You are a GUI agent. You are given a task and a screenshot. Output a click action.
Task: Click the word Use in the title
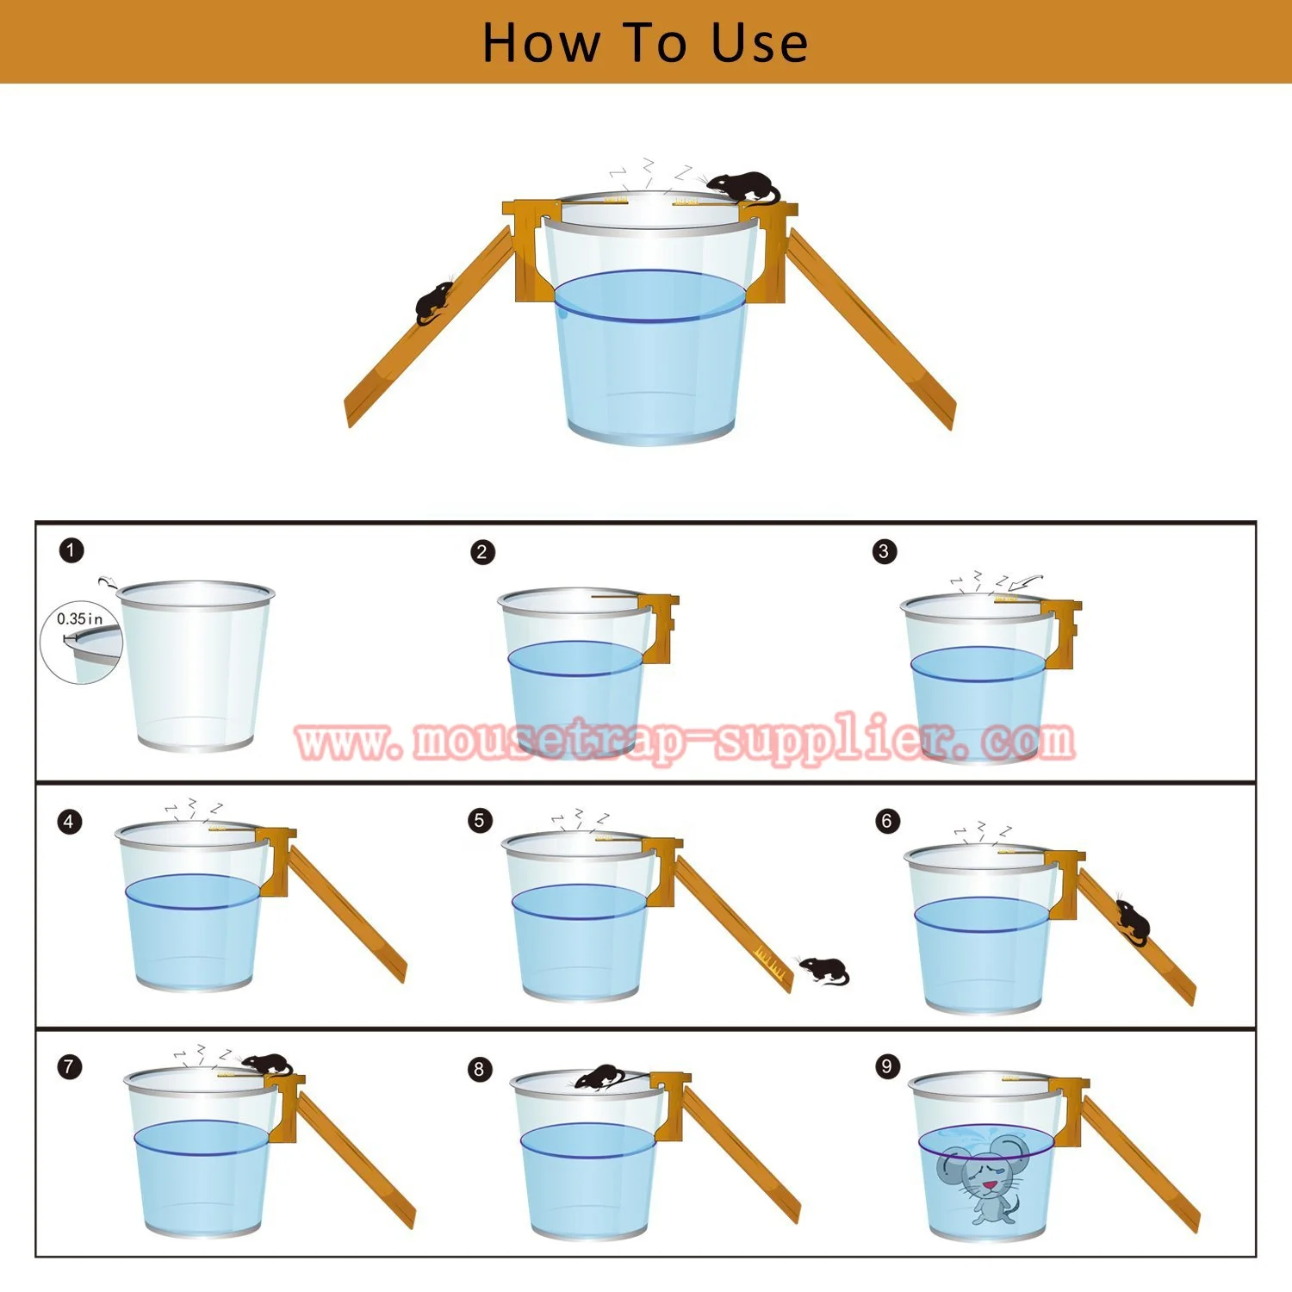click(760, 43)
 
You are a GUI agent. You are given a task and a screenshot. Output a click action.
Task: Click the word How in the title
click(540, 43)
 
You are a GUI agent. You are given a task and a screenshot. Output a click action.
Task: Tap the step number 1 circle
click(71, 550)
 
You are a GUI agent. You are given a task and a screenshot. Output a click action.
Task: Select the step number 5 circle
click(480, 820)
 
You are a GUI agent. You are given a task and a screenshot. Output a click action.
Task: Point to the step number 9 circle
click(887, 1066)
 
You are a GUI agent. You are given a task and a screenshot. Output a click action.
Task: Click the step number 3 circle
click(885, 551)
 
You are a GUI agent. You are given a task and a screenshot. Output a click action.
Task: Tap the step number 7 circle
click(70, 1067)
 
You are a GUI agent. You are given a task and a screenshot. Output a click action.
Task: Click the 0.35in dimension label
click(79, 618)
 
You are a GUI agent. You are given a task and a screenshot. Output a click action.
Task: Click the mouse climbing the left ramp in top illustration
click(434, 302)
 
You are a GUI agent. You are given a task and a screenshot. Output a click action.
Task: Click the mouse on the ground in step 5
click(824, 970)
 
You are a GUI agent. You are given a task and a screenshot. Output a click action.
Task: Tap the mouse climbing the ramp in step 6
click(1132, 922)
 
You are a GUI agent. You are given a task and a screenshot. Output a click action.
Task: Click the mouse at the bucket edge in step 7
click(267, 1064)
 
